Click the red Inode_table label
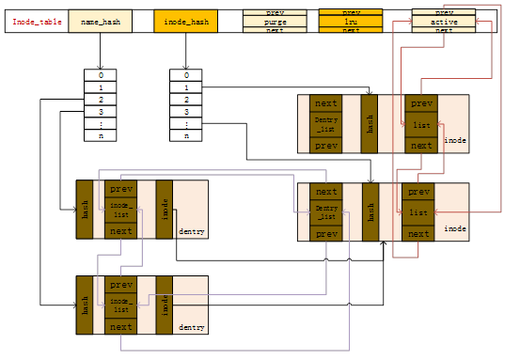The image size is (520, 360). coord(37,21)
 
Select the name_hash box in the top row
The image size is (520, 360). coord(100,21)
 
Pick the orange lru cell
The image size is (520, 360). coord(350,21)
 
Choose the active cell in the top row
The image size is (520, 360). coord(444,21)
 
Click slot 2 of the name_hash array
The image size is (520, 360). coord(100,99)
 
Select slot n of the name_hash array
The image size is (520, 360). coord(100,135)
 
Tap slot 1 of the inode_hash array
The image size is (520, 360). coord(186,86)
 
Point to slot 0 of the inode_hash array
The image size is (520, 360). coord(186,74)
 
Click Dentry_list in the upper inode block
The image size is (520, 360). coord(325,124)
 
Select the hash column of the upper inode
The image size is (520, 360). coord(370,123)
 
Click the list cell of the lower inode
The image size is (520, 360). coord(418,212)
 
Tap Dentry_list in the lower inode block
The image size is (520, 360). coord(325,212)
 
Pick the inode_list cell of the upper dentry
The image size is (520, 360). coord(120,210)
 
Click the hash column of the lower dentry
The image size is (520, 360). coord(85,305)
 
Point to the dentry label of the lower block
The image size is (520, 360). coord(191,328)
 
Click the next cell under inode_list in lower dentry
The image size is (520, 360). coord(120,326)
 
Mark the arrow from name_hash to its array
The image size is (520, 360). coord(100,51)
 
